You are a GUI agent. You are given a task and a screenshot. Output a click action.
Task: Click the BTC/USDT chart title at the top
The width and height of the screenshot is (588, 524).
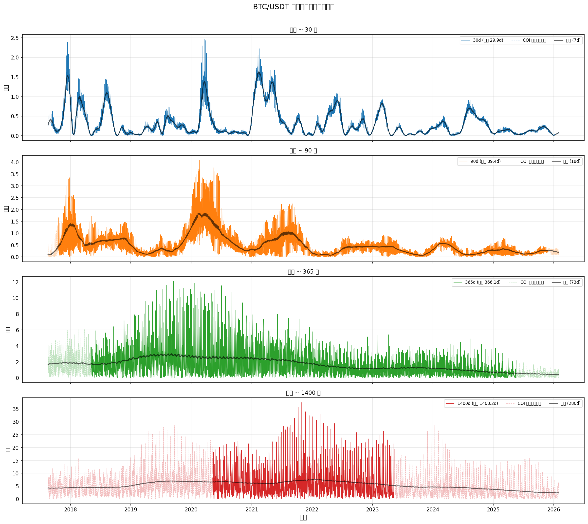294,7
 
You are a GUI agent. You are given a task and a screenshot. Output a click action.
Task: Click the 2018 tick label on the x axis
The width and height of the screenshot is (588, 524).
70,510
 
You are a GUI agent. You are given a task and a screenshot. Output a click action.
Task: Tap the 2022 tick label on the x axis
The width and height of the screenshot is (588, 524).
312,510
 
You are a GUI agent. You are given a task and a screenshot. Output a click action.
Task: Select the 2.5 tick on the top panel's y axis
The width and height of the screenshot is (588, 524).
15,38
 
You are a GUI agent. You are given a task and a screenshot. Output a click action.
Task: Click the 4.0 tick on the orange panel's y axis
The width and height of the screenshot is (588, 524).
15,162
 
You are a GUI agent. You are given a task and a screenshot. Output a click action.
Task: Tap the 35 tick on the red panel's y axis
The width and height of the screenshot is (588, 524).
16,409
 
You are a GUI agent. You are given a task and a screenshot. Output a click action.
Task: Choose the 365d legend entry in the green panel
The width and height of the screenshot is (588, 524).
483,282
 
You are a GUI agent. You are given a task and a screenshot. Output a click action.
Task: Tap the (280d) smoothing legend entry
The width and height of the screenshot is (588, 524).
571,404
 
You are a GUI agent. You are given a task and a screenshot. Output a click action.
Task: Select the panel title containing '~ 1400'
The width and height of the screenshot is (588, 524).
303,393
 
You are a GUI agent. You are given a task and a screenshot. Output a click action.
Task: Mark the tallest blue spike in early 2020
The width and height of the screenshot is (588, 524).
204,39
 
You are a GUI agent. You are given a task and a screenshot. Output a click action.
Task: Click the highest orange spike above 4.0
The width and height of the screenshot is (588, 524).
199,161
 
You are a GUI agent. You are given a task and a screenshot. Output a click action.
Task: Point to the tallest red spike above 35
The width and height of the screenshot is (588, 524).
302,403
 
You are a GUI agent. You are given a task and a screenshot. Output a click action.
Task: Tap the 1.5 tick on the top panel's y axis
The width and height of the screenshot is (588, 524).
15,77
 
